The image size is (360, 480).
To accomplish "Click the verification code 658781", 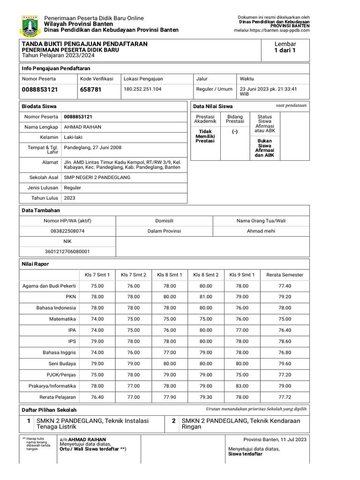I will click(x=90, y=89).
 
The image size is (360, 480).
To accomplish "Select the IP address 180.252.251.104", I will click(x=142, y=89).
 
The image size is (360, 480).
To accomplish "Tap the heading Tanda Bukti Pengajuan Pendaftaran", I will click(x=84, y=44).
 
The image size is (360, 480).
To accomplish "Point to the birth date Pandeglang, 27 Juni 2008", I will click(x=92, y=147).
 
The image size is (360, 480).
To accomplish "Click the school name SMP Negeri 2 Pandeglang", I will click(x=97, y=177).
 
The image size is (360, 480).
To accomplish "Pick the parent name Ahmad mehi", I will click(x=261, y=231).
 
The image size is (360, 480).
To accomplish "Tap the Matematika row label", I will click(x=63, y=318).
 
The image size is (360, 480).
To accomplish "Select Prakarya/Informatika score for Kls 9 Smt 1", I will click(x=242, y=386).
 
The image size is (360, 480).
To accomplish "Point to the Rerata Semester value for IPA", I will click(x=285, y=330).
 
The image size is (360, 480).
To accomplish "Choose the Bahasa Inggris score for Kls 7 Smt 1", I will click(x=97, y=352).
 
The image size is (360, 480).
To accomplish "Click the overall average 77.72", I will click(x=285, y=397).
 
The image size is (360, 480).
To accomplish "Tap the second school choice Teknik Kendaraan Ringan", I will click(x=241, y=424).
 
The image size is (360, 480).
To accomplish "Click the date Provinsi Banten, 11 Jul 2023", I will click(x=275, y=439).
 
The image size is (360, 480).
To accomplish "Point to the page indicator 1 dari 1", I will click(x=285, y=51).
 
